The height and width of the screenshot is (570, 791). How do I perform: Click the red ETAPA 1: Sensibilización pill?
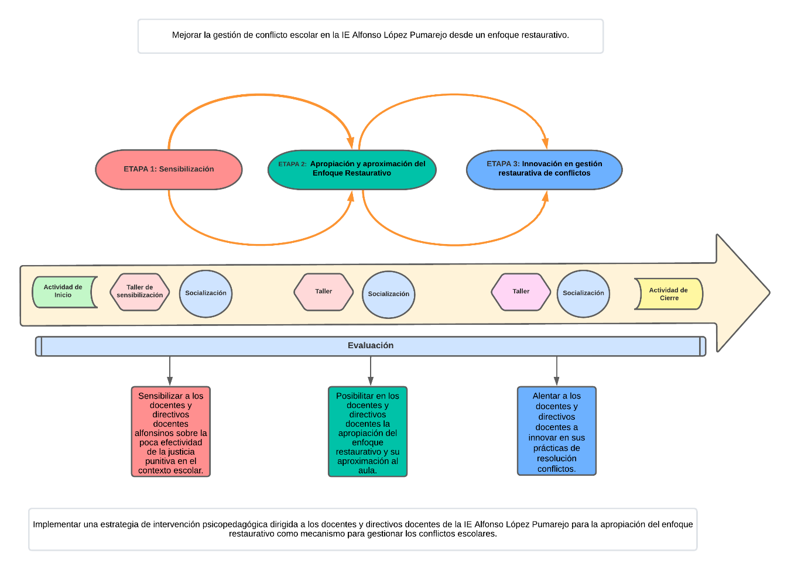[x=169, y=170]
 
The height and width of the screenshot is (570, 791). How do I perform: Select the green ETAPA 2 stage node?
[x=352, y=170]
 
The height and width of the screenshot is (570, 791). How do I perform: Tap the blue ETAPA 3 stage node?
[x=544, y=170]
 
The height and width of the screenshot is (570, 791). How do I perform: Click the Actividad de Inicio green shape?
[x=63, y=292]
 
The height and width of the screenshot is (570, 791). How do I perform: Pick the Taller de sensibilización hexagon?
[x=140, y=292]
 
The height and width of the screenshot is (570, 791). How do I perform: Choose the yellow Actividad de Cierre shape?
[x=669, y=294]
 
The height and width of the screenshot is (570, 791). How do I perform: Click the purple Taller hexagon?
[x=521, y=292]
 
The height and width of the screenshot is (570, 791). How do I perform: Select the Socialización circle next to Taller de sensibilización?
[x=206, y=294]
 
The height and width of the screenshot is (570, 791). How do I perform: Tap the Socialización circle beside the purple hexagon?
[x=583, y=294]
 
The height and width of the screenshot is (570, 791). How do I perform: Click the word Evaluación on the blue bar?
[x=371, y=346]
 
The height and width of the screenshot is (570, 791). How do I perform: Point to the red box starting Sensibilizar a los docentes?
[x=170, y=432]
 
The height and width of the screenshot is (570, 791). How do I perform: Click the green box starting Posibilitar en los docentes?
[x=368, y=432]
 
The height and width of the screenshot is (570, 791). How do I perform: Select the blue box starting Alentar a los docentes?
[x=557, y=431]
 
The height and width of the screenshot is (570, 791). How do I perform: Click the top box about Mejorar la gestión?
[x=371, y=36]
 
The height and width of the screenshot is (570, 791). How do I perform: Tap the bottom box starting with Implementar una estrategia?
[x=363, y=529]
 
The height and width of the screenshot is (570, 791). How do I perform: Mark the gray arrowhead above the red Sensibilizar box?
[x=170, y=381]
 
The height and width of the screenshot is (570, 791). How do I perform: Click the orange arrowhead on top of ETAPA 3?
[x=545, y=143]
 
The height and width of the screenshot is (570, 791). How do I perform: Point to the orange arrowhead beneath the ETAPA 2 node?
[x=351, y=196]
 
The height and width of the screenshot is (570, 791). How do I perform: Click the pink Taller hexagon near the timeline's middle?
[x=324, y=292]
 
